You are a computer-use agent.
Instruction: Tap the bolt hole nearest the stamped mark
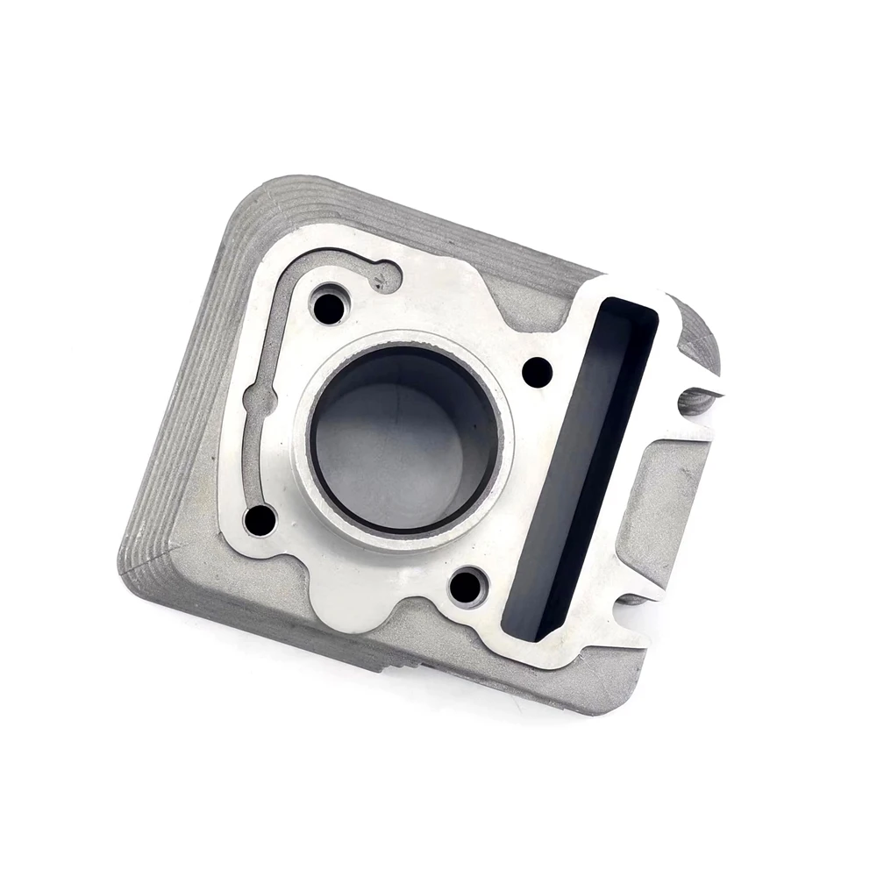[x=329, y=307]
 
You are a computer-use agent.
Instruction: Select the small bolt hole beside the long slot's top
[x=537, y=372]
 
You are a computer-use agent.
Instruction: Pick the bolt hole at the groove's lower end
[x=260, y=519]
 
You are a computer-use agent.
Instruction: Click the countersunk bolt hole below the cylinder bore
[x=467, y=586]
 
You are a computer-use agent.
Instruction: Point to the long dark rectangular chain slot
[x=581, y=465]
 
